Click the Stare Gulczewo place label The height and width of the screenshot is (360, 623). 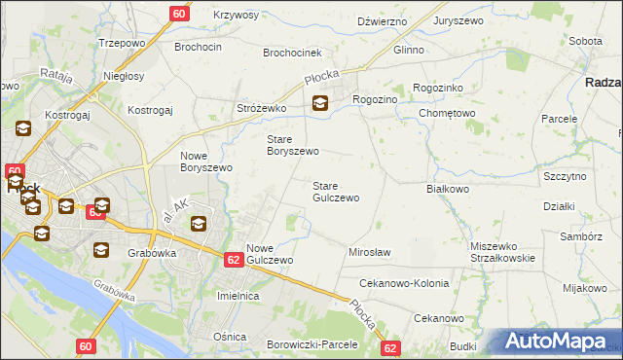pos(335,192)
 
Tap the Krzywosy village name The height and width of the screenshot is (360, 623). pos(236,15)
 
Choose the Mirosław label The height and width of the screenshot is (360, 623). pos(369,252)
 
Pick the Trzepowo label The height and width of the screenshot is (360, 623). pos(123,44)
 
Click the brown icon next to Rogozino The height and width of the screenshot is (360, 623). pos(319,103)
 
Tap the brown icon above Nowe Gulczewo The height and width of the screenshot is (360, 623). pos(198,225)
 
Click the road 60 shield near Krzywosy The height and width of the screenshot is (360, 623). pos(179,14)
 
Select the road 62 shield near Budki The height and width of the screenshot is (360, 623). pos(391,347)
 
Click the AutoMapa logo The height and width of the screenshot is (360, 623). pos(556,342)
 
